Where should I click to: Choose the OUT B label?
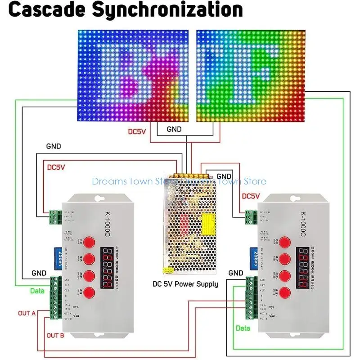point(56,335)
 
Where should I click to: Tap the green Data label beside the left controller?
point(37,291)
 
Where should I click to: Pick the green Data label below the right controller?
point(243,329)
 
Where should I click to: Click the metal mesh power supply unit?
point(191,225)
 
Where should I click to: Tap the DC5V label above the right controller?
point(251,196)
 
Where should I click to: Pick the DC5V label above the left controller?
point(56,167)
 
